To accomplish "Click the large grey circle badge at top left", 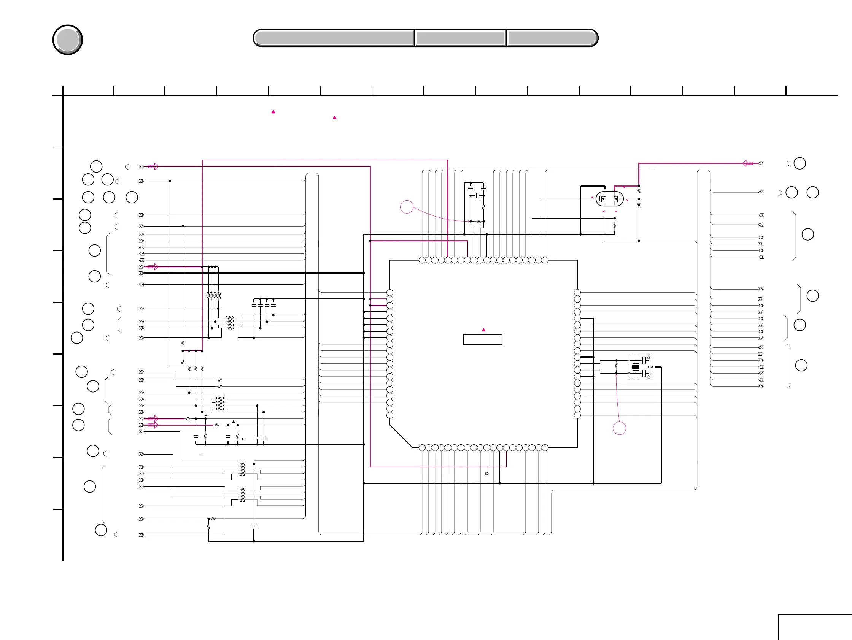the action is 67,40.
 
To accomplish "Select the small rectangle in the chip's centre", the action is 482,339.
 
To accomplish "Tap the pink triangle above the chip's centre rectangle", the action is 483,330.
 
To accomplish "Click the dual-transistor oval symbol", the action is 609,199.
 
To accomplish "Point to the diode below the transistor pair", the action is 639,206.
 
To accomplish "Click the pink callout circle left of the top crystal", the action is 407,207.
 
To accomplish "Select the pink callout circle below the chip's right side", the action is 619,428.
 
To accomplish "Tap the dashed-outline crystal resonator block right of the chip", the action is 641,367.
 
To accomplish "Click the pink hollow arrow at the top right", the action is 748,163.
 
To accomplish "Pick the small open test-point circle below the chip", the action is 487,474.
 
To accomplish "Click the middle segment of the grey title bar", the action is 461,38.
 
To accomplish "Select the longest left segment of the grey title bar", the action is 334,38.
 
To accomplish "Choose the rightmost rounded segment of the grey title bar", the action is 552,38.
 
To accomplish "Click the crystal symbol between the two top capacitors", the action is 477,195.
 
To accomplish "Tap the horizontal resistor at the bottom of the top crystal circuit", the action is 478,222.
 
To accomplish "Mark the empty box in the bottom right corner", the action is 815,627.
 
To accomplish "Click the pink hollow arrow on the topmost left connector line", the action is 153,166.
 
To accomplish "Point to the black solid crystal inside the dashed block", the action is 636,367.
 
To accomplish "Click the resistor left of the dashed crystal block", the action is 616,365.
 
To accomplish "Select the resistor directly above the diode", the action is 639,191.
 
